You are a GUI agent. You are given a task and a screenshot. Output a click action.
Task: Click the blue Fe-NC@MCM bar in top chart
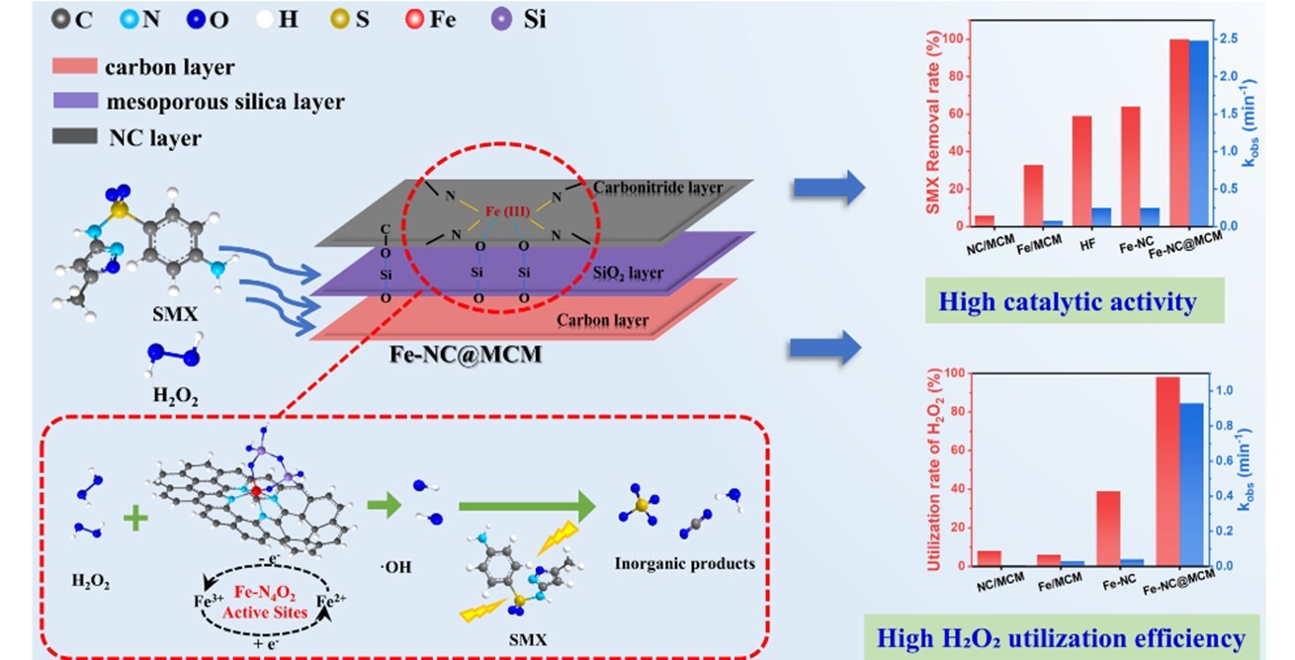point(1197,133)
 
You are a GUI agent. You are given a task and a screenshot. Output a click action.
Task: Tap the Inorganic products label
point(684,564)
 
